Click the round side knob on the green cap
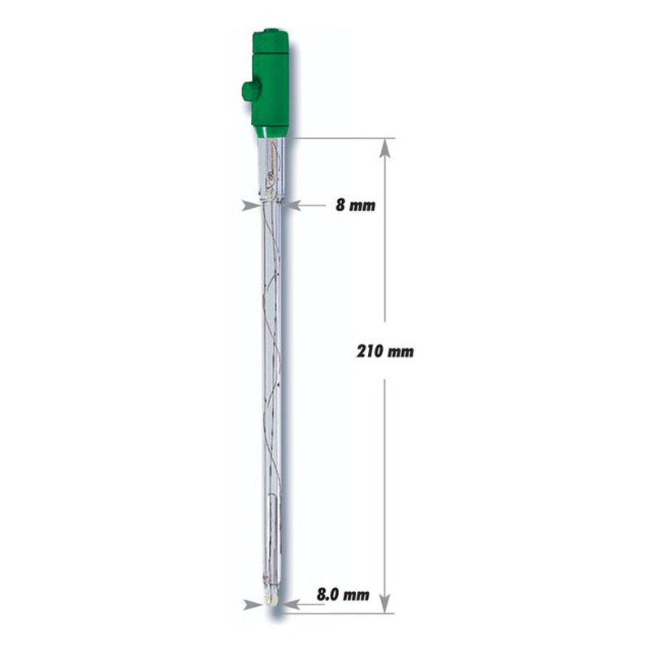tap(248, 93)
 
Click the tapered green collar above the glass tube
tap(272, 132)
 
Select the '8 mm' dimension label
tap(355, 206)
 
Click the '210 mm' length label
tap(385, 352)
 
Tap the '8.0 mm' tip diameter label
tap(343, 595)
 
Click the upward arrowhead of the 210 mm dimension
tap(385, 148)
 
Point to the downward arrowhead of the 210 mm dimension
tap(385, 603)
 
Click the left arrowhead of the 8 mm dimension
tap(251, 206)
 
